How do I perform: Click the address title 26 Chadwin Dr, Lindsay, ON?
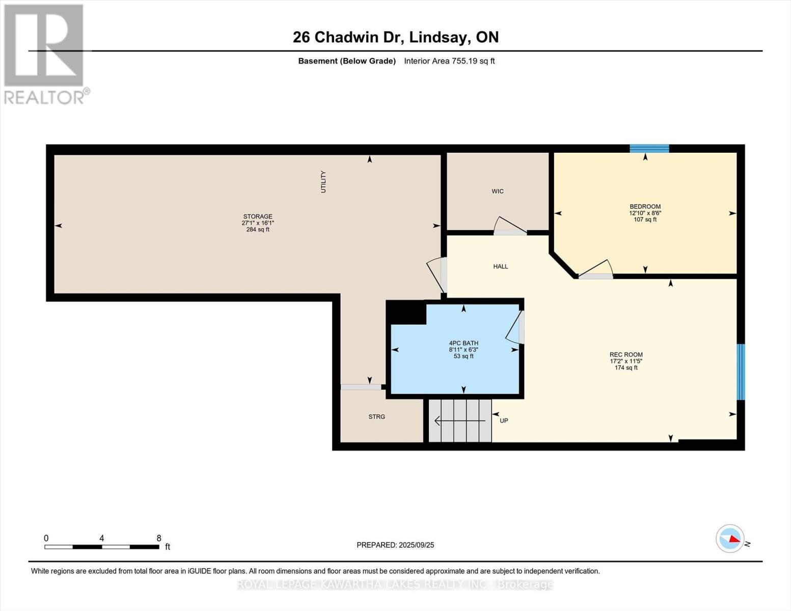395,37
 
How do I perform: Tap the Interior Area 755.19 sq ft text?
449,61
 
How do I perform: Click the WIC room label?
498,191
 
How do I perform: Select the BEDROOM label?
645,207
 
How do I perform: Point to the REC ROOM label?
626,355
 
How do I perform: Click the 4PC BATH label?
463,343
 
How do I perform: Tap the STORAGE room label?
258,217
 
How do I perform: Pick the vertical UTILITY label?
323,182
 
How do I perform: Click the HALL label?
500,266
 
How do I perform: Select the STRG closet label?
377,416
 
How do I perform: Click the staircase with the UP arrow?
460,421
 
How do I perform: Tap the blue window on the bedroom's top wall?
649,149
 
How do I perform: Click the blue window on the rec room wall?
741,372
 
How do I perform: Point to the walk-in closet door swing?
509,226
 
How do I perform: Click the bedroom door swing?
596,269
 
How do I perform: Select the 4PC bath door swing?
515,327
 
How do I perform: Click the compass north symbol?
730,538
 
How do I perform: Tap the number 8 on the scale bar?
159,538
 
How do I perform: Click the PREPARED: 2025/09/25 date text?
395,545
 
